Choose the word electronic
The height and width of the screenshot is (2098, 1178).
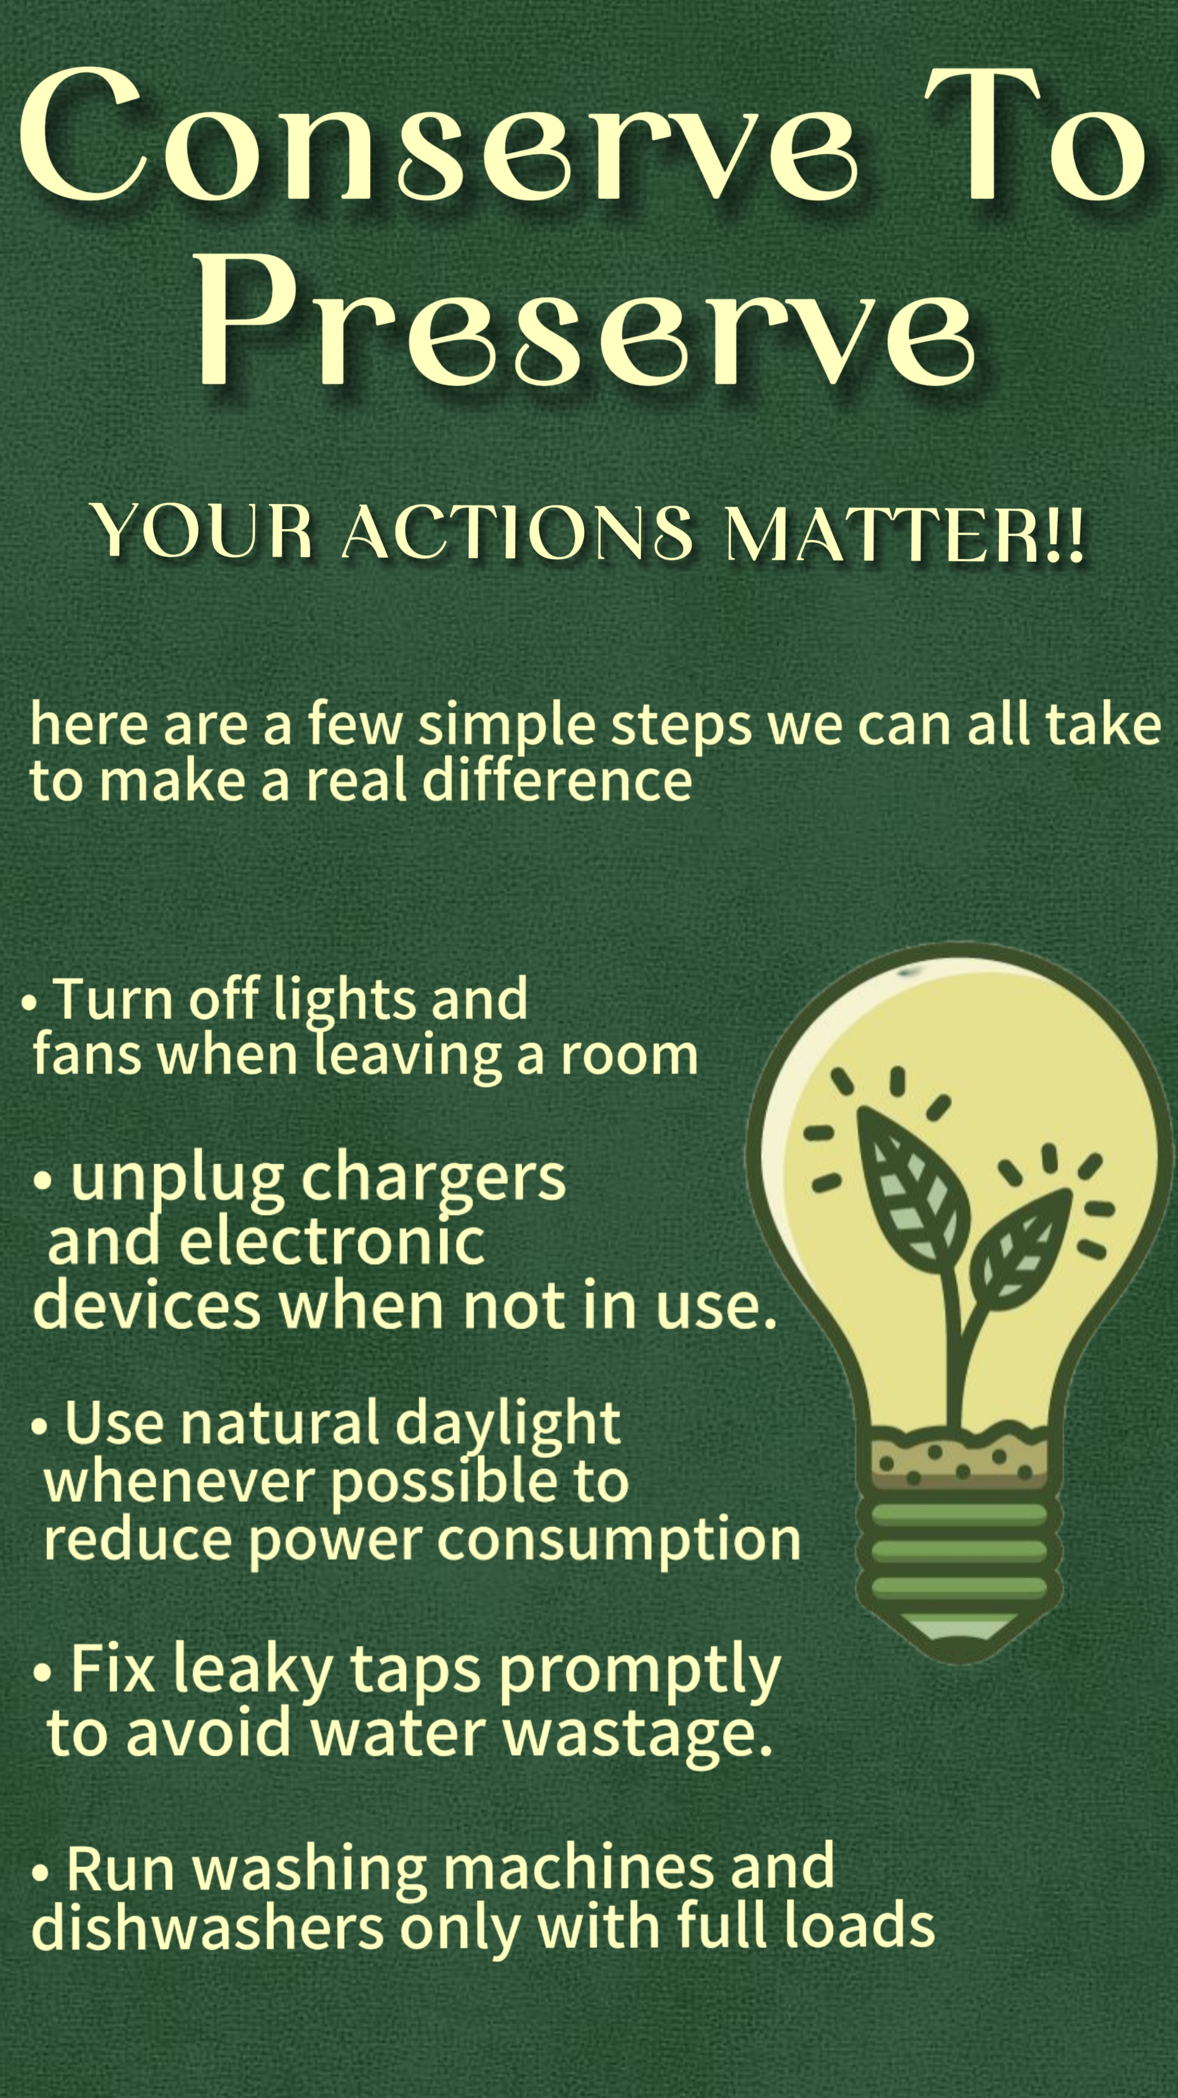[332, 1241]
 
